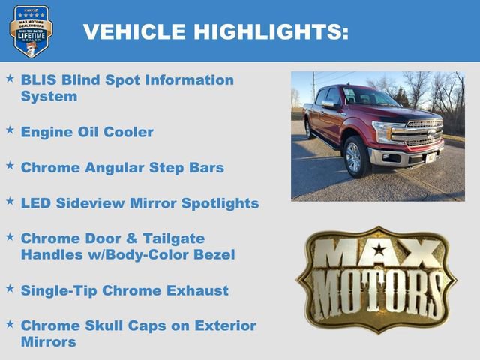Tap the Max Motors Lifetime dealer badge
(x=31, y=31)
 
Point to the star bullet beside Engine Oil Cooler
(x=10, y=130)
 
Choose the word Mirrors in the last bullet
(x=49, y=342)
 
